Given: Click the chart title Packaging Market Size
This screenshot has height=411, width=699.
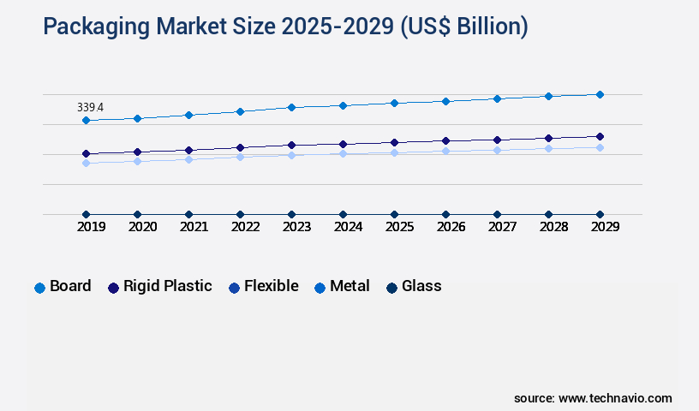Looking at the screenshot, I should pyautogui.click(x=285, y=27).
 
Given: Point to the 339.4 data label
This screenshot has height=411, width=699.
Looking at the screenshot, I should pyautogui.click(x=90, y=107).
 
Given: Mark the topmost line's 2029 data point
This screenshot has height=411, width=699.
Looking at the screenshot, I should pyautogui.click(x=600, y=94).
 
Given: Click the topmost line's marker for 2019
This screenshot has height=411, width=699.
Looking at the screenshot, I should pyautogui.click(x=86, y=121).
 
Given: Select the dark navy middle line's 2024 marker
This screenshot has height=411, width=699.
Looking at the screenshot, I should pyautogui.click(x=343, y=144).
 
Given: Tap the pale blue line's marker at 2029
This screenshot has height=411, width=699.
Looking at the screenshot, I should pyautogui.click(x=600, y=147).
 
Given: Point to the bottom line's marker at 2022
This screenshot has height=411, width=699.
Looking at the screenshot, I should pyautogui.click(x=240, y=214).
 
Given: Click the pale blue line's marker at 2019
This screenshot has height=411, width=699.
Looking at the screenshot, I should pyautogui.click(x=86, y=163).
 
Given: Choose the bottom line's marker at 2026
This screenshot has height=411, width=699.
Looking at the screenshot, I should pyautogui.click(x=445, y=214).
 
